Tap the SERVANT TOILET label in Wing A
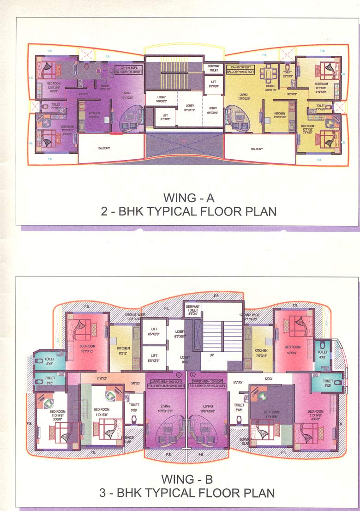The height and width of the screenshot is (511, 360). pos(213,68)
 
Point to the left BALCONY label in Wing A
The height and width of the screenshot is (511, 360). pos(104,149)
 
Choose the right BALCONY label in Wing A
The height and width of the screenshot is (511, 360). pos(257,149)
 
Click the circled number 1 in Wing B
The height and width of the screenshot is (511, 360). pos(179,374)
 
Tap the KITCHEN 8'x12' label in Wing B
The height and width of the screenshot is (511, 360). pos(123,351)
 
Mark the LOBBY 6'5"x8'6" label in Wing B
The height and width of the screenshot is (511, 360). pos(180,334)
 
